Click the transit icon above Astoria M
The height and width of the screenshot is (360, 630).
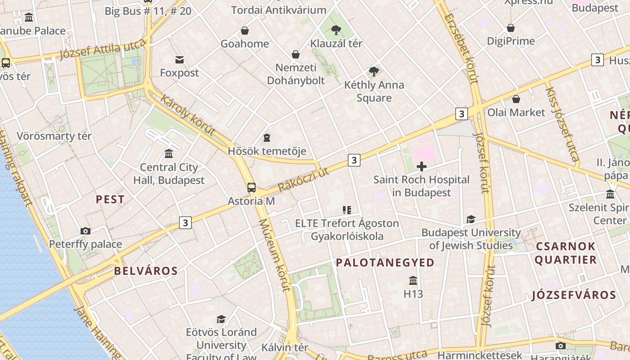click(x=252, y=188)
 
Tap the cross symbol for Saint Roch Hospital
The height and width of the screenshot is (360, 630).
click(x=422, y=167)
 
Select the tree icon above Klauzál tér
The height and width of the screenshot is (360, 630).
click(x=336, y=30)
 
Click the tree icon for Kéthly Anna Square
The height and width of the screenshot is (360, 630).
click(x=373, y=71)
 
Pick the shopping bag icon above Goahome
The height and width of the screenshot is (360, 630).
click(x=244, y=31)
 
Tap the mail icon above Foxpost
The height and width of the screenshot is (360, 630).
click(x=180, y=59)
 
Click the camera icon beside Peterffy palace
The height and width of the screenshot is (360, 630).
click(x=85, y=231)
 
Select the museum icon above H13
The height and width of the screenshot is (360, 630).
click(x=413, y=281)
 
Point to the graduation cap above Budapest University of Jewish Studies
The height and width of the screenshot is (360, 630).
click(x=471, y=219)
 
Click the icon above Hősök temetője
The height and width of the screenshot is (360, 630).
click(x=267, y=137)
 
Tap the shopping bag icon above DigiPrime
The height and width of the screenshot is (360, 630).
click(x=511, y=28)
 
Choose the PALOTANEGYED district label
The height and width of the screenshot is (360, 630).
click(x=385, y=263)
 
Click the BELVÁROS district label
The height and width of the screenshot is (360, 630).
click(x=146, y=271)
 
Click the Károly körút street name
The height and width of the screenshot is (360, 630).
click(x=188, y=115)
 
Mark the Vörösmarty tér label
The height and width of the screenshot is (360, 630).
click(x=54, y=136)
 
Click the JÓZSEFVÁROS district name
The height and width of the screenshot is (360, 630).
click(x=573, y=295)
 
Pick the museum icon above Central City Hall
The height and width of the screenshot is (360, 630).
click(x=169, y=154)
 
